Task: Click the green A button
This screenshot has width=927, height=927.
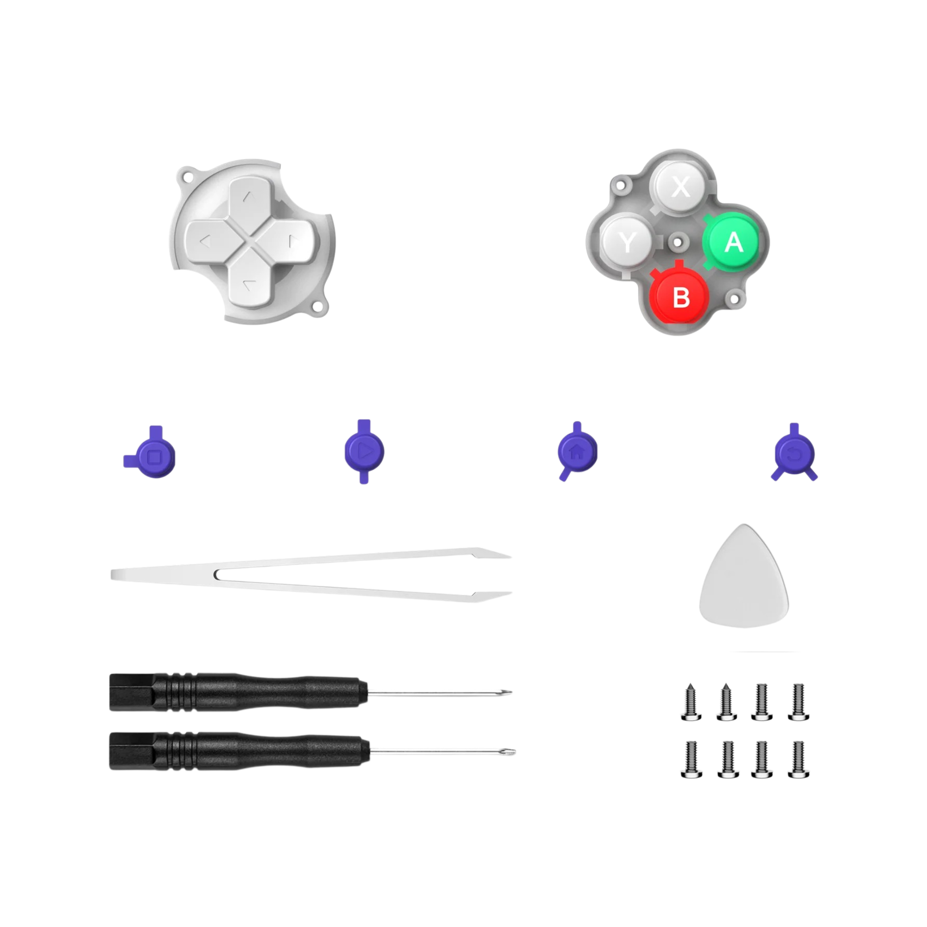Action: pyautogui.click(x=731, y=242)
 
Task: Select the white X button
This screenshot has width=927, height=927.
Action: pyautogui.click(x=680, y=186)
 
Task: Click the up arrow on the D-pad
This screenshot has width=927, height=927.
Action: pyautogui.click(x=248, y=196)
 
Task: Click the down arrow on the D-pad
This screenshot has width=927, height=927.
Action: pyautogui.click(x=248, y=285)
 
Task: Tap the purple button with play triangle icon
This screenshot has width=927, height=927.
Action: pyautogui.click(x=364, y=451)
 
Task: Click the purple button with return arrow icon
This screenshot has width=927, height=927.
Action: pyautogui.click(x=794, y=453)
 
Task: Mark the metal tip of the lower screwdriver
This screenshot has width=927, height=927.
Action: pyautogui.click(x=512, y=752)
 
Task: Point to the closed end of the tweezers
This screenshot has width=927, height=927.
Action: pyautogui.click(x=115, y=574)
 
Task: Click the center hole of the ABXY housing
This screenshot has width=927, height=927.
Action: pyautogui.click(x=677, y=242)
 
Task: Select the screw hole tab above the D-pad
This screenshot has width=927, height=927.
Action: pyautogui.click(x=186, y=176)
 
